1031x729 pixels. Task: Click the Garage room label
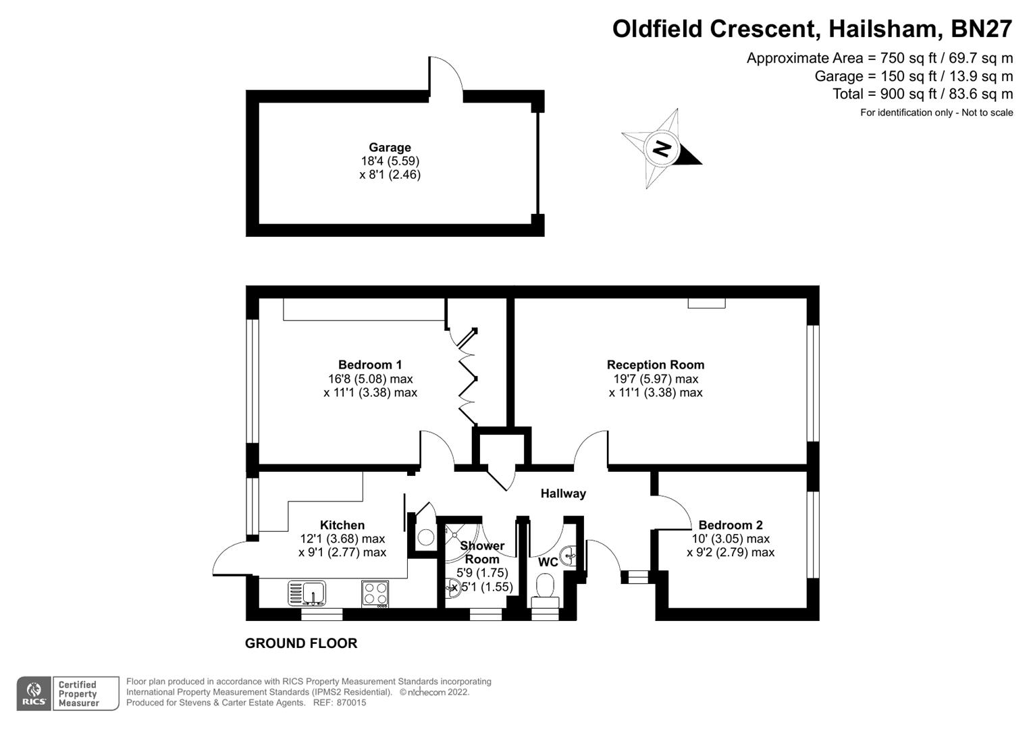[x=390, y=147]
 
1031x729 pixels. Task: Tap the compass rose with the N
[x=661, y=148]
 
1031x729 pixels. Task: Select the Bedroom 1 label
[x=370, y=365]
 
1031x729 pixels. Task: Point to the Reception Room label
[x=655, y=365]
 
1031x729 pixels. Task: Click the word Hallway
[x=563, y=493]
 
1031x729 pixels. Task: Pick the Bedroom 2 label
[x=731, y=525]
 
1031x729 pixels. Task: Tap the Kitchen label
[x=342, y=525]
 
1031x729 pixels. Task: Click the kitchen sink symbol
[x=307, y=593]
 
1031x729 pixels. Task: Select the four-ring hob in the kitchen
[x=375, y=593]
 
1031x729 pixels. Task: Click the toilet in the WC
[x=544, y=586]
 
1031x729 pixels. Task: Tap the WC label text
[x=548, y=562]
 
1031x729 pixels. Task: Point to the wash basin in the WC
[x=569, y=555]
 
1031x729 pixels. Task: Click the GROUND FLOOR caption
[x=301, y=643]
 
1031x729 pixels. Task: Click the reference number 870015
[x=351, y=703]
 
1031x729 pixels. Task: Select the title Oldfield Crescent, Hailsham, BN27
[x=812, y=29]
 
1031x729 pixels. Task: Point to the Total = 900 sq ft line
[x=922, y=94]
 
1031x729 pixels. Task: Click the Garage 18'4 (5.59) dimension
[x=390, y=161]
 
